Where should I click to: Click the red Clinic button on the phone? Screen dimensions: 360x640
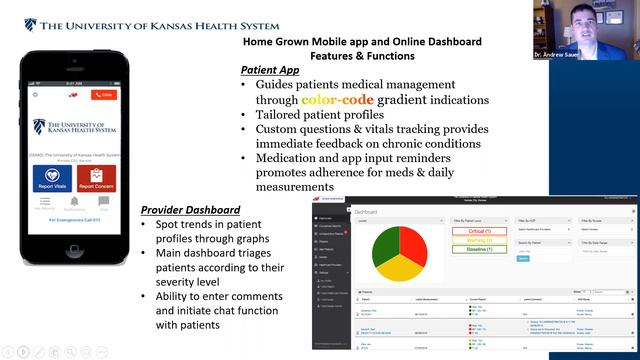(104, 95)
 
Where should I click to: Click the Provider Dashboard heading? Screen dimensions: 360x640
(190, 209)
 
